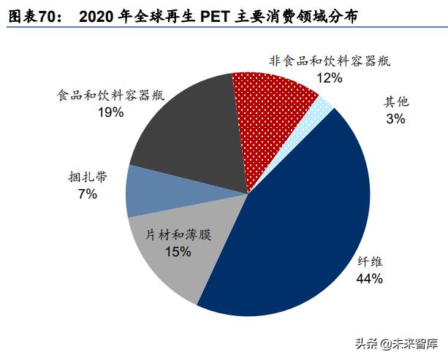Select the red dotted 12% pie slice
pyautogui.click(x=274, y=110)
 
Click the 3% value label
pyautogui.click(x=395, y=118)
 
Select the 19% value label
pyautogui.click(x=110, y=112)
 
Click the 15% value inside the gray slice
pyautogui.click(x=178, y=252)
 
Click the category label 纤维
pyautogui.click(x=370, y=261)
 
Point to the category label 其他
pyautogui.click(x=396, y=102)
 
